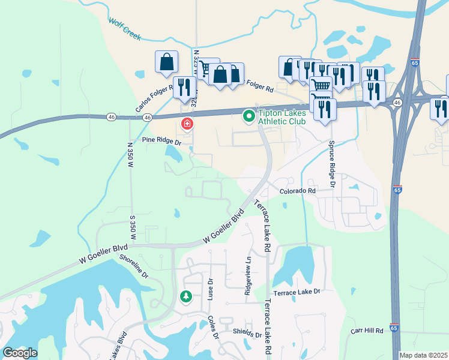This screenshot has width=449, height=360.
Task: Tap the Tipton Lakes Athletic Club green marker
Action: (247, 116)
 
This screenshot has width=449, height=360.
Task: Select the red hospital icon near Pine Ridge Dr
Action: (187, 124)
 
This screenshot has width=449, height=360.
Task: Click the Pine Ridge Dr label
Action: (161, 141)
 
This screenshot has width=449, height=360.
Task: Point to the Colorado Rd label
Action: (297, 191)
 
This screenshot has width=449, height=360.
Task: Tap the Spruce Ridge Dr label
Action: (331, 162)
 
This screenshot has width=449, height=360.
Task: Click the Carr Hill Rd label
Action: (367, 331)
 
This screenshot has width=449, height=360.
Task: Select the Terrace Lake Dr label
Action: (297, 292)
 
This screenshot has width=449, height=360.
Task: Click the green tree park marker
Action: (186, 296)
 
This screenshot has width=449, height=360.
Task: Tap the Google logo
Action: (20, 353)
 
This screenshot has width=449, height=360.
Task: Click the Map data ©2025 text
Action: (423, 355)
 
